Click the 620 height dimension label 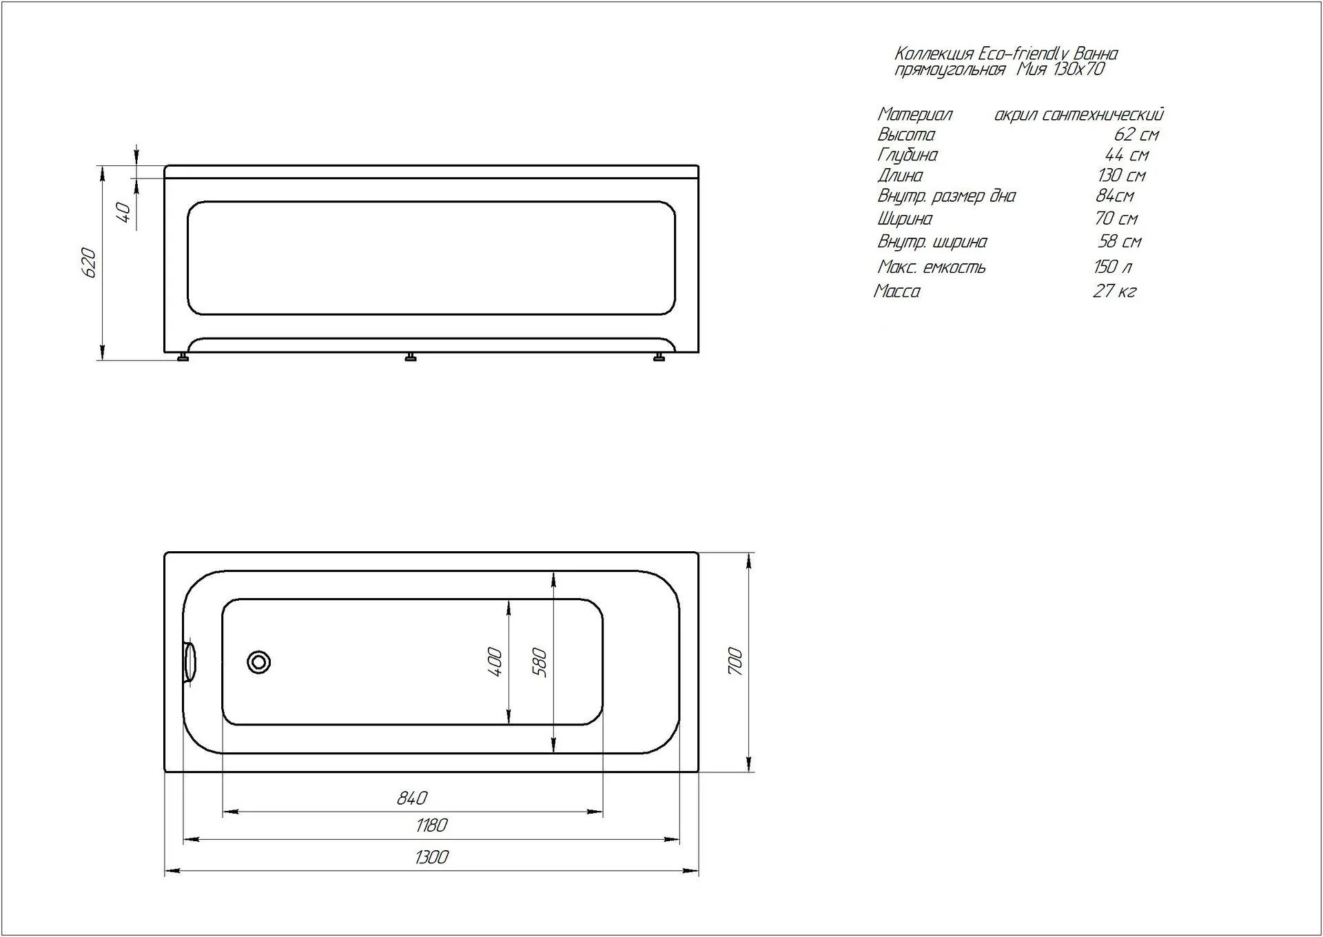[x=89, y=262]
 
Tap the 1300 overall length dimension [x=432, y=857]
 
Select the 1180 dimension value [x=432, y=825]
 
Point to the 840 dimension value [x=412, y=798]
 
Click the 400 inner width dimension [x=495, y=661]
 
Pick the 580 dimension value [x=540, y=663]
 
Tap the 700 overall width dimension [x=735, y=661]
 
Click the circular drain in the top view [x=259, y=662]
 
